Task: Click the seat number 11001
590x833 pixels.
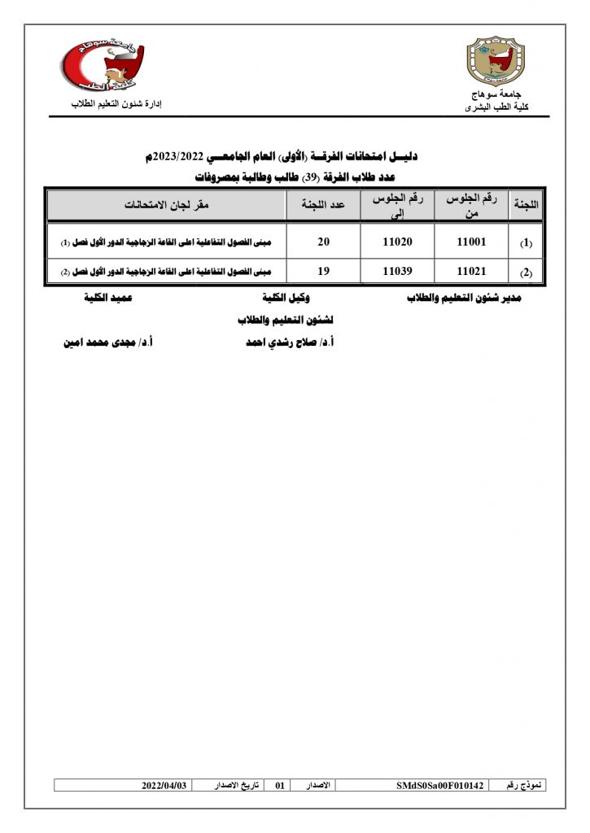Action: (x=471, y=242)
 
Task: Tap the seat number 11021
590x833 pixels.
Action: (x=471, y=272)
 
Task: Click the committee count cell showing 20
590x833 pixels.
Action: (x=323, y=242)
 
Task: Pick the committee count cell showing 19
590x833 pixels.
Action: (x=323, y=272)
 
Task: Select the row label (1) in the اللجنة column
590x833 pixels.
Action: (x=526, y=243)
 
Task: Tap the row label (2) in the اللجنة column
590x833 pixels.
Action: (x=526, y=273)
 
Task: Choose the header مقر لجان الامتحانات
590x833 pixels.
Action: (x=167, y=205)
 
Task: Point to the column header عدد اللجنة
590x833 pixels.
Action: (x=323, y=205)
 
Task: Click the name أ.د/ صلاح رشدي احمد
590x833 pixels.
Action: (x=291, y=343)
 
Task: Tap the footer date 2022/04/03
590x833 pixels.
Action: (x=164, y=786)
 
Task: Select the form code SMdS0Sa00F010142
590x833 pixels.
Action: (x=439, y=786)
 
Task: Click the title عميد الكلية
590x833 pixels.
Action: (x=108, y=299)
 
